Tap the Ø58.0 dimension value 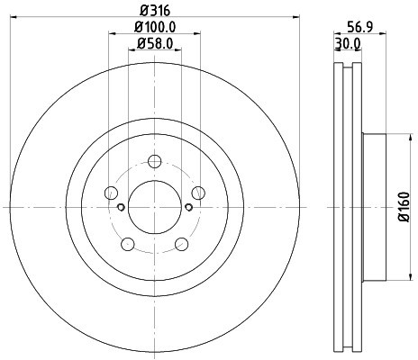pos(154,44)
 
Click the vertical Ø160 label pos(405,206)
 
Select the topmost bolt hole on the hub pos(154,162)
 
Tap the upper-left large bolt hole pos(111,193)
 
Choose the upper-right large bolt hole pos(197,193)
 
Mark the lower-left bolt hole pos(128,243)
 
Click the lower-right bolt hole pos(181,243)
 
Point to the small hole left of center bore pos(122,207)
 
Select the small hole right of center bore pos(187,207)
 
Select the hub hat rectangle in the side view pos(373,206)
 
